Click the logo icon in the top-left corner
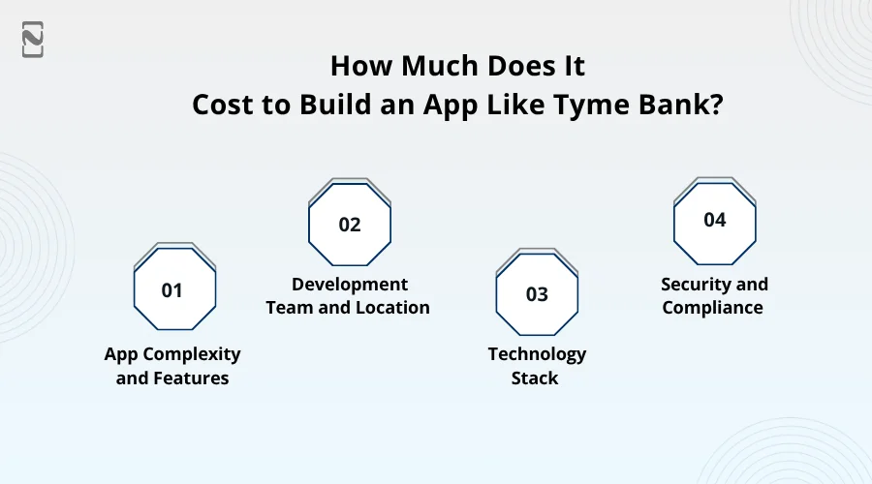(33, 40)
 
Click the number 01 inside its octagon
(171, 290)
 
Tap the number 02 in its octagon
(350, 225)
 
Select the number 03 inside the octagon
(537, 294)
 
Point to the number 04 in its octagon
(715, 220)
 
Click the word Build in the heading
(335, 104)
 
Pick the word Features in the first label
(191, 378)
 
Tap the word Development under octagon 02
(350, 285)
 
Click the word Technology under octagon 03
(537, 354)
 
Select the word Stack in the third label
(535, 378)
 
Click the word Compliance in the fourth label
(712, 308)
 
